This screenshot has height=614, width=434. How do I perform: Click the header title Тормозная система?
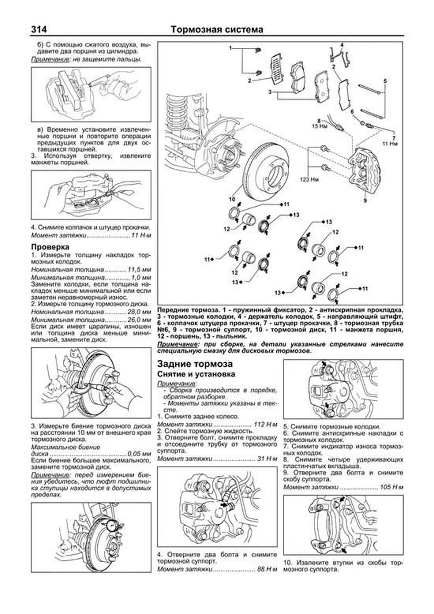(x=217, y=29)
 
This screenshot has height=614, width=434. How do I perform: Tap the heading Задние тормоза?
(x=195, y=364)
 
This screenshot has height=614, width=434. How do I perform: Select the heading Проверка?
(x=50, y=247)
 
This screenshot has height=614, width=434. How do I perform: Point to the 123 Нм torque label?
(x=309, y=179)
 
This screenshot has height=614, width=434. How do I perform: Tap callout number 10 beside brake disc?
(x=231, y=199)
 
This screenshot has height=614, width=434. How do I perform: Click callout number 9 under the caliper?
(x=365, y=200)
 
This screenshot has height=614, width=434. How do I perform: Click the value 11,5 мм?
(x=139, y=270)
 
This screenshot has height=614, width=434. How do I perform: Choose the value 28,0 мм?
(x=139, y=312)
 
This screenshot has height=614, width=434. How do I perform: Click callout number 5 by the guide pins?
(x=385, y=81)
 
